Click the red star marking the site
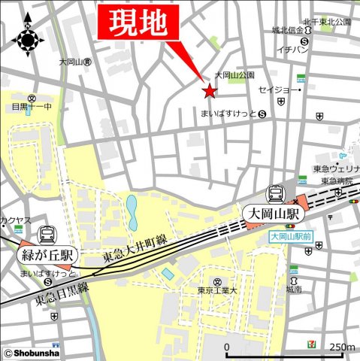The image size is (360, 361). pos(208,92)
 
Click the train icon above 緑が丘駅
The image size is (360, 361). pos(47,235)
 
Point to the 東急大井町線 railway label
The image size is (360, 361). pos(135,249)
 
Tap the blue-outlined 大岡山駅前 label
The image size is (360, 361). pos(292,236)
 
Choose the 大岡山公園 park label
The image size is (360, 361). pos(234,75)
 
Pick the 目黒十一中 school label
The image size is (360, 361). pos(29,108)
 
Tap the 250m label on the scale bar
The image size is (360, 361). pos(342,347)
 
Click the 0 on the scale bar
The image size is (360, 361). pos(227,347)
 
